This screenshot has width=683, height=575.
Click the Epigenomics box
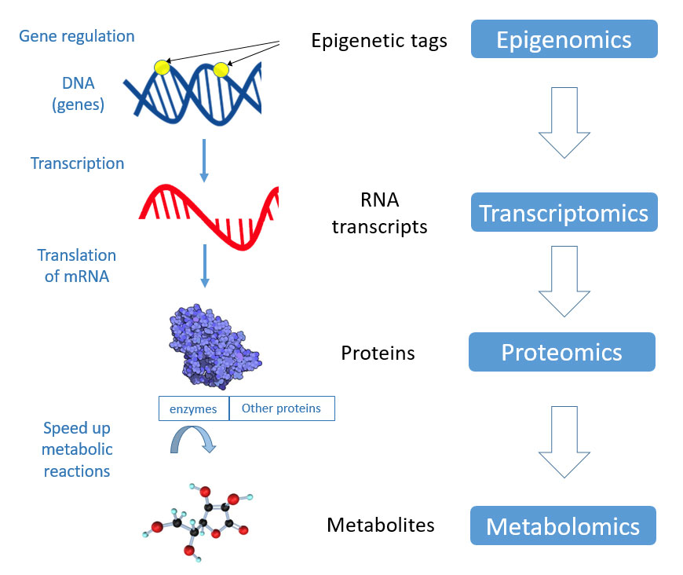(564, 39)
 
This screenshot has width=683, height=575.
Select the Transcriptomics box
(564, 213)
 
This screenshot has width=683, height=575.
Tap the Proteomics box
(561, 352)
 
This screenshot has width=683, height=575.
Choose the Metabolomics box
(563, 526)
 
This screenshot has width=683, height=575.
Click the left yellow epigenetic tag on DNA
(163, 68)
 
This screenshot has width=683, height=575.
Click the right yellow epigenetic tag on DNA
(221, 70)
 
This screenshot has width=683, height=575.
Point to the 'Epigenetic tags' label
(379, 41)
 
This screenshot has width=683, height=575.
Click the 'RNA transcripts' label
(379, 214)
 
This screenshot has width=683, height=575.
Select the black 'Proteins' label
(378, 353)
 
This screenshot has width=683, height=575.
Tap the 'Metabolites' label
(381, 524)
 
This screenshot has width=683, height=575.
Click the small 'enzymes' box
(193, 408)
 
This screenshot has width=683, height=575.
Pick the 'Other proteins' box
(281, 408)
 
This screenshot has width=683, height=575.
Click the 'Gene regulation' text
(77, 36)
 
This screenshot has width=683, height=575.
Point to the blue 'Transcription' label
(77, 163)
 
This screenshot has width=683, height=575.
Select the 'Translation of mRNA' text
(77, 266)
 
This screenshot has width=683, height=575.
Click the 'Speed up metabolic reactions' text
(77, 449)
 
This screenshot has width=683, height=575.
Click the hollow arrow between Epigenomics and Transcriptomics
(564, 122)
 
